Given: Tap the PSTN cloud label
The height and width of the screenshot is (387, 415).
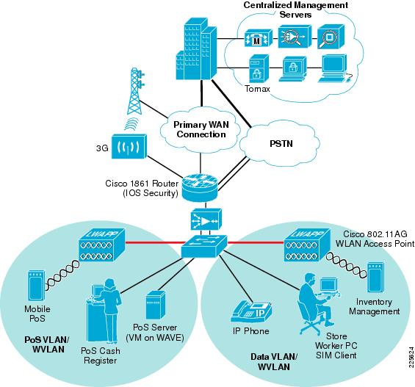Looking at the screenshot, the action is (281, 144).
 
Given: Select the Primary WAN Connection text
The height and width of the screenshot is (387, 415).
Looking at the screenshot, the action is (201, 129).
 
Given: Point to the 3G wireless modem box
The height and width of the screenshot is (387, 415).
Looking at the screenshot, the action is (129, 146).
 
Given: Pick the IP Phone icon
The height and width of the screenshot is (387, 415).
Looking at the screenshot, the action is (251, 311).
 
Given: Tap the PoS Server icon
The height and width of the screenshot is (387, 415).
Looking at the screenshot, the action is (156, 305).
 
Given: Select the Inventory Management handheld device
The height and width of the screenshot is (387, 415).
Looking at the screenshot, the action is (375, 278).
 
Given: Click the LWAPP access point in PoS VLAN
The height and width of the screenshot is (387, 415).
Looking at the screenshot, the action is (102, 245).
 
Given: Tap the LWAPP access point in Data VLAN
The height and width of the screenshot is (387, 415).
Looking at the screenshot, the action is (307, 245).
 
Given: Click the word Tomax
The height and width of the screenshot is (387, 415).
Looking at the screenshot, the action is (257, 89).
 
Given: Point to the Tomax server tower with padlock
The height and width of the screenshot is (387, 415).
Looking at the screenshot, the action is (259, 68).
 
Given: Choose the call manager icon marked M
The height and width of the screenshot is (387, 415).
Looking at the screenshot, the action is (258, 38).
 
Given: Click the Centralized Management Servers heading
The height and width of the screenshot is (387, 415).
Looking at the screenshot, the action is (295, 10).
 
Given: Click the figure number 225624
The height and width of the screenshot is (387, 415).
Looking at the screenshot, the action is (411, 357).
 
